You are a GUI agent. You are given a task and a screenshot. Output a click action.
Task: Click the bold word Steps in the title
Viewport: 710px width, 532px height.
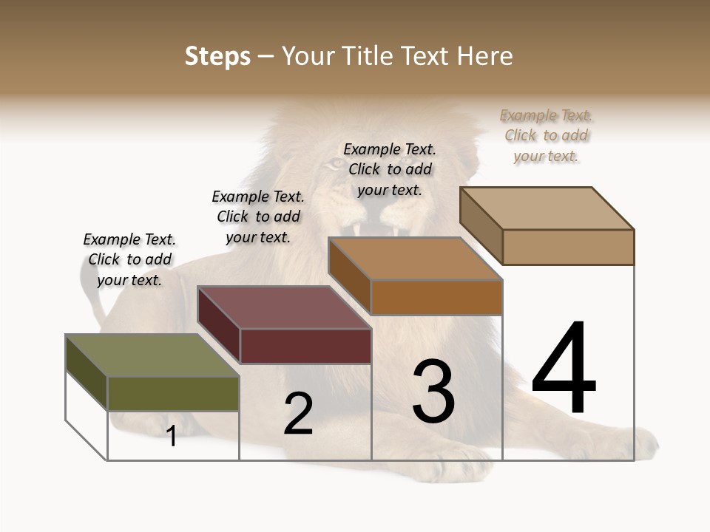point(217,56)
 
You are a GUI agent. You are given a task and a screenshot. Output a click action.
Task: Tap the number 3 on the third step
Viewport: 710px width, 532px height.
point(433,392)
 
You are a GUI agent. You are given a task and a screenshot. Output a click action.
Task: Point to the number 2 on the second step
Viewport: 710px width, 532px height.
point(299,414)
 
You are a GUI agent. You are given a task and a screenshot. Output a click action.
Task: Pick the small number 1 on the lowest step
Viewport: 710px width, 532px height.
point(172,436)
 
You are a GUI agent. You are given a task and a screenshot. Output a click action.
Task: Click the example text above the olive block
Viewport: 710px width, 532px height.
point(129,259)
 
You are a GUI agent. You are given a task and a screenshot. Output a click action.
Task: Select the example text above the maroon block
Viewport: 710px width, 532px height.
point(258,216)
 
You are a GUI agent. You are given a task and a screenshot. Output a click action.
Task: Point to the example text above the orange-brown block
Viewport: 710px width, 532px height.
point(390,169)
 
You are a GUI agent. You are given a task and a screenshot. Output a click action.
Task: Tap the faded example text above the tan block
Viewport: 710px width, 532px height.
point(547,135)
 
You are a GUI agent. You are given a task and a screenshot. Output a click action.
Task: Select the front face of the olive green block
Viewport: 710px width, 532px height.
point(173,393)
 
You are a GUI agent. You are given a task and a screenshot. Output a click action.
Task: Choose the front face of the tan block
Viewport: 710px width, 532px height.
point(568,247)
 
